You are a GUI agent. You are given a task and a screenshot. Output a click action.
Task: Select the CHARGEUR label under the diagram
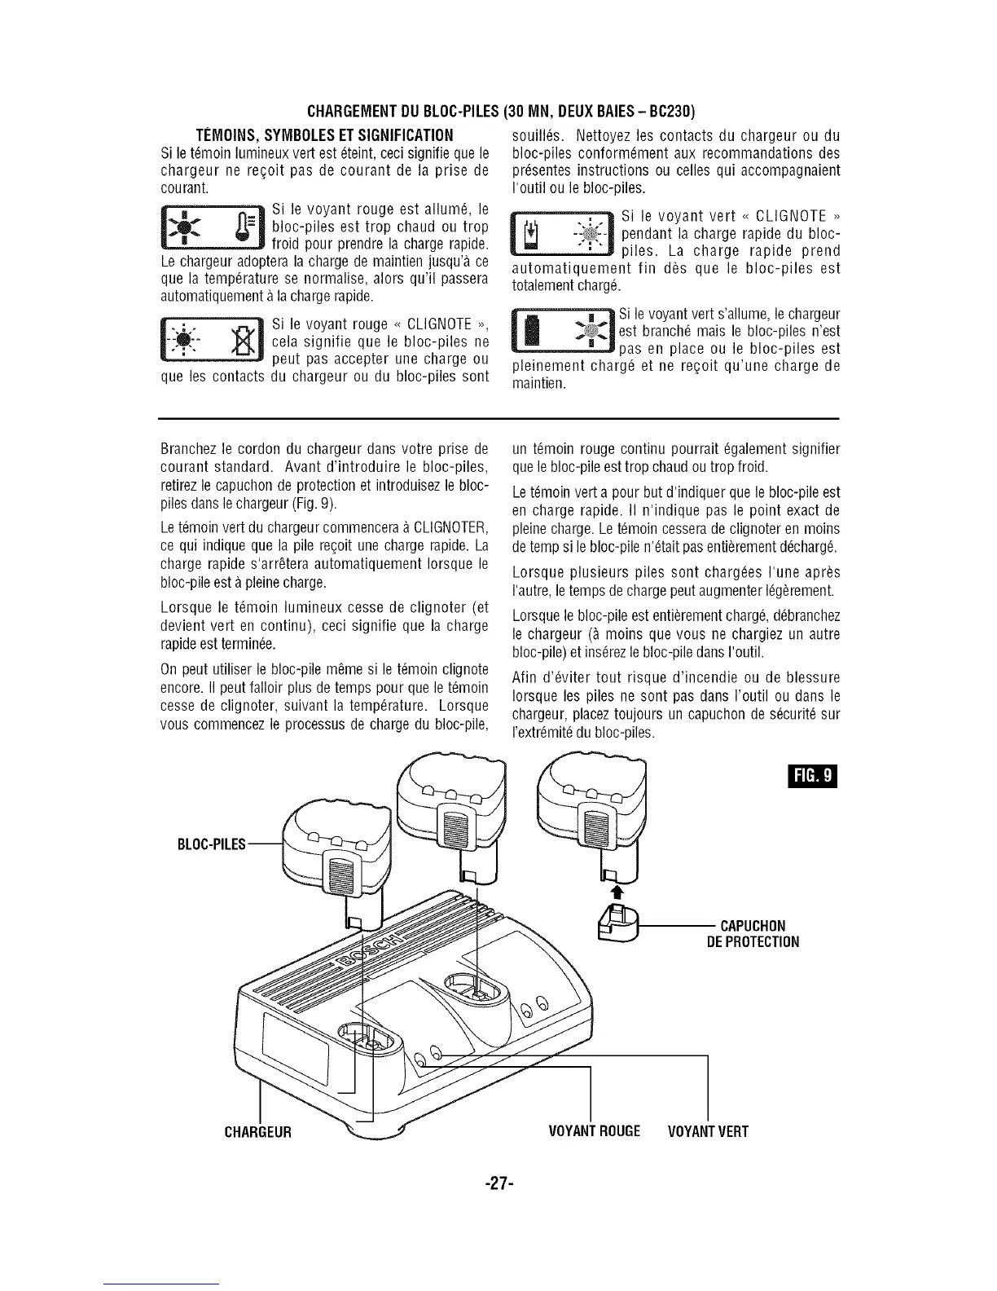tap(258, 1131)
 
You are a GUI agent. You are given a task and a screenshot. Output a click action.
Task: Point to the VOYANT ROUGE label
tap(595, 1131)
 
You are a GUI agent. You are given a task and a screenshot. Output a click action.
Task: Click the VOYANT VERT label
tap(707, 1131)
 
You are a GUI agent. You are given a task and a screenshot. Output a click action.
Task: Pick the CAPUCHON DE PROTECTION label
tap(753, 933)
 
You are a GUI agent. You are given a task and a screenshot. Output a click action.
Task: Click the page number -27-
tap(497, 1183)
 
